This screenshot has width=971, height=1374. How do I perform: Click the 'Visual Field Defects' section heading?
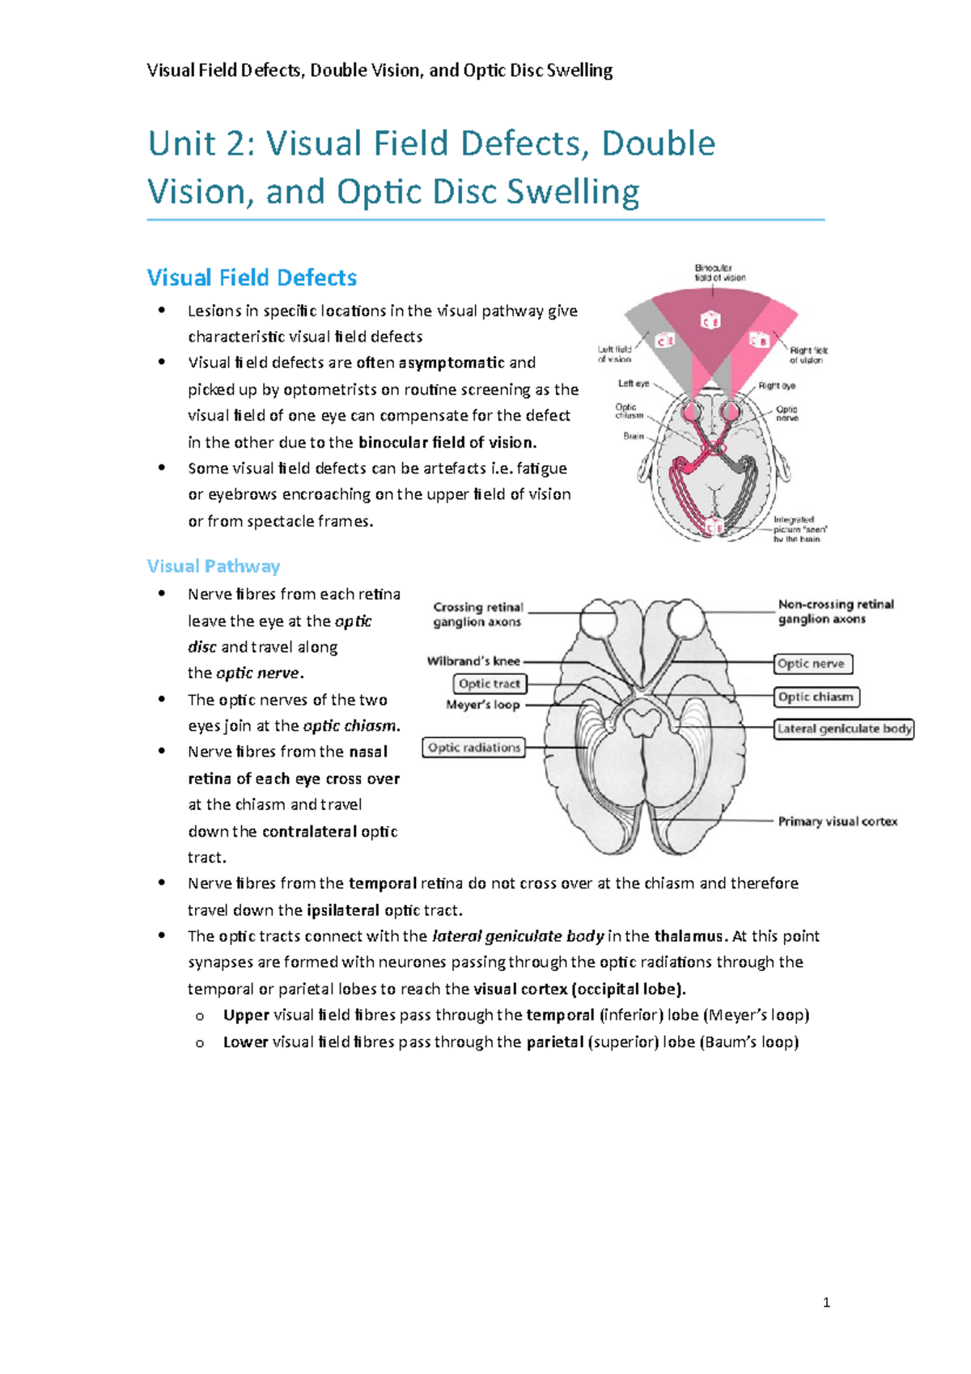coord(252,278)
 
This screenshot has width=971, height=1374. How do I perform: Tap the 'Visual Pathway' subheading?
coord(214,566)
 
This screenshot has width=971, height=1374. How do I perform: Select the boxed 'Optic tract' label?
coord(490,684)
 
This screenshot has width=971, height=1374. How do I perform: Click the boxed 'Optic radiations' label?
coord(474,748)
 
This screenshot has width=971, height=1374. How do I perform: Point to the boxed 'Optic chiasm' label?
coord(816,697)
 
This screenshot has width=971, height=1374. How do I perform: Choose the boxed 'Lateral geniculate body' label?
coord(844,728)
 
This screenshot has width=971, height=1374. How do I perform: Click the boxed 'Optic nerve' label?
coord(812,664)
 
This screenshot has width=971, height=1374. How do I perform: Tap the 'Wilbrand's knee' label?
coord(473,661)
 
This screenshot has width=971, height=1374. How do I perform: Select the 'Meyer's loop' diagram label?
coord(483,705)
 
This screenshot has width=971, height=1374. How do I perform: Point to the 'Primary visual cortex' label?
coord(837,821)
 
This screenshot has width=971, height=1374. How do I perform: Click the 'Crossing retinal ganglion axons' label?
coord(478,614)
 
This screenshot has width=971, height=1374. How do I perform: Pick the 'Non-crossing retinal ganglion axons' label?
coord(835,612)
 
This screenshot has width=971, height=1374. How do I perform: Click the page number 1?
coord(826,1302)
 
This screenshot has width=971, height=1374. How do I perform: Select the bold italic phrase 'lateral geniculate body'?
coord(518,936)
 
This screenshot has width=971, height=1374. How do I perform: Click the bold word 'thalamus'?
coord(688,936)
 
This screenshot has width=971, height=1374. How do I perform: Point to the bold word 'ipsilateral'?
coord(343,910)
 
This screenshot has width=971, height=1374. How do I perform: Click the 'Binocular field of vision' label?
coord(719,272)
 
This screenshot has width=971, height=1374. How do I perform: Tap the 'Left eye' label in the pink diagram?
coord(634,384)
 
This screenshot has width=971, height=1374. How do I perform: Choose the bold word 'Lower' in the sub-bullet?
coord(245,1041)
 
